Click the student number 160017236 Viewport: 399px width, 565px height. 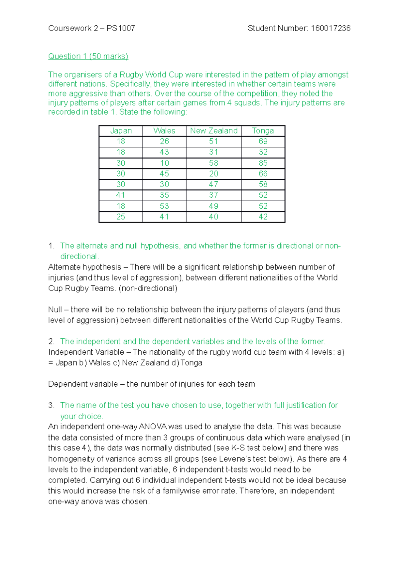pos(331,28)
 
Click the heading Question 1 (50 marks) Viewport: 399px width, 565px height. pos(88,56)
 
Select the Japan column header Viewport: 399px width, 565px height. pos(121,131)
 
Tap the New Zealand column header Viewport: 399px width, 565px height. pos(213,131)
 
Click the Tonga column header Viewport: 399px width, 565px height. pos(263,131)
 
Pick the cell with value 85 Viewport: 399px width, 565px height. pos(263,163)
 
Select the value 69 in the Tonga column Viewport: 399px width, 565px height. pos(263,141)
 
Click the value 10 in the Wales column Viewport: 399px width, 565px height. pos(164,163)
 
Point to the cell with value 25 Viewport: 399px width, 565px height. pos(121,217)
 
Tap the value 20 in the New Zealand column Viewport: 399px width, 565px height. pos(213,174)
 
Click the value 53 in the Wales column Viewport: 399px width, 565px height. pos(164,206)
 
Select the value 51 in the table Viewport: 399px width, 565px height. pos(213,141)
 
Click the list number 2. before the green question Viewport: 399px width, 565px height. pos(51,341)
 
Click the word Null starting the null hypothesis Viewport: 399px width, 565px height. pos(55,309)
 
